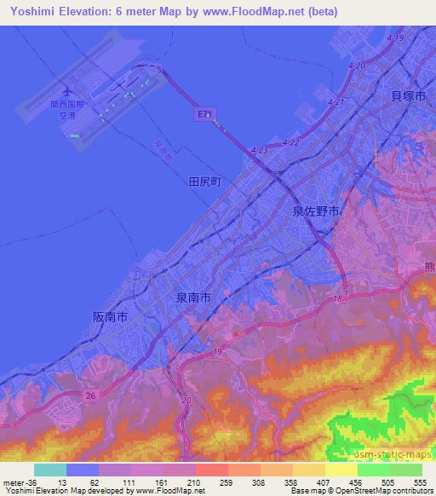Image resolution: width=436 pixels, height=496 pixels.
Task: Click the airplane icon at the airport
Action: (x=67, y=90)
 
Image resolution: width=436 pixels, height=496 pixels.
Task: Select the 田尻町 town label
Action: (x=204, y=182)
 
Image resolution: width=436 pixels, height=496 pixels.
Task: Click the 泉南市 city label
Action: (x=193, y=297)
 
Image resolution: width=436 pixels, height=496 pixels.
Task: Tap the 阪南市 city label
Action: (x=110, y=316)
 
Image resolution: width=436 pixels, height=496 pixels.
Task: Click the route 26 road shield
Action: (x=90, y=395)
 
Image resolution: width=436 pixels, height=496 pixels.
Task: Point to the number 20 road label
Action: (x=186, y=399)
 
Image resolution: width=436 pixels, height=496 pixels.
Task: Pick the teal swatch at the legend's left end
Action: (x=49, y=470)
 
